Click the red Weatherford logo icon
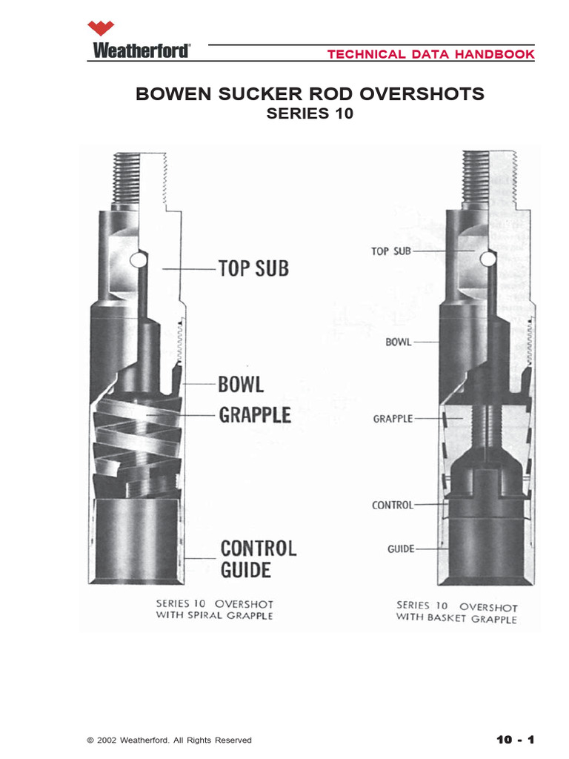click(x=102, y=29)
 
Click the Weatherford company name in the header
click(x=142, y=51)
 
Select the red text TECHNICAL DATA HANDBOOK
click(x=430, y=54)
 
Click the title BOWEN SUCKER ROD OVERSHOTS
click(x=310, y=94)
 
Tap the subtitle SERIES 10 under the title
click(x=310, y=115)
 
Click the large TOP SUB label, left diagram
click(x=253, y=268)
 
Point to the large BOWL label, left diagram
click(x=241, y=385)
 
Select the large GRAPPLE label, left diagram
click(x=254, y=414)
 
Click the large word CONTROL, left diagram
click(x=258, y=548)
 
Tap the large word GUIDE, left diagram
click(x=245, y=570)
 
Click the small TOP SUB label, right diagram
click(x=390, y=251)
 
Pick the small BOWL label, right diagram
click(x=398, y=342)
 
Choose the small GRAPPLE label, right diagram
click(x=393, y=419)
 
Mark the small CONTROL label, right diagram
click(x=392, y=505)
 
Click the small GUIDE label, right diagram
click(x=400, y=549)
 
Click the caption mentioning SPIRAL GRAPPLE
click(x=214, y=609)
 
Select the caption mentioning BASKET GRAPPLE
click(x=456, y=611)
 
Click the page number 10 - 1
click(x=515, y=739)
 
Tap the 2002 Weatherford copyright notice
click(x=169, y=740)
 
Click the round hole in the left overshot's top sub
click(x=137, y=260)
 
